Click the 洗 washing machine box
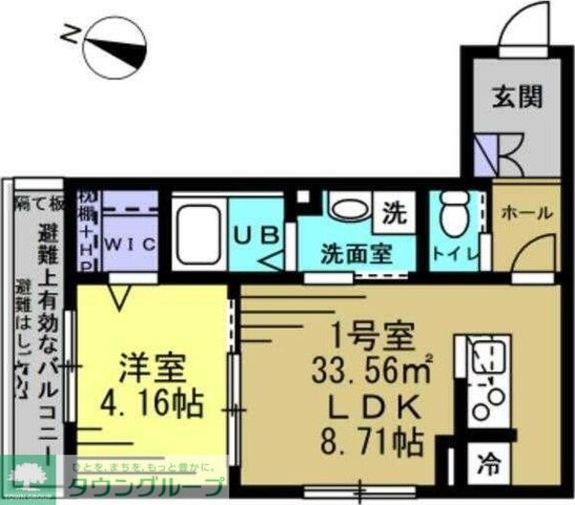[394, 209]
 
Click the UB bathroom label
[257, 233]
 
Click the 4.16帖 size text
[152, 402]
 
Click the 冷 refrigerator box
[488, 470]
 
